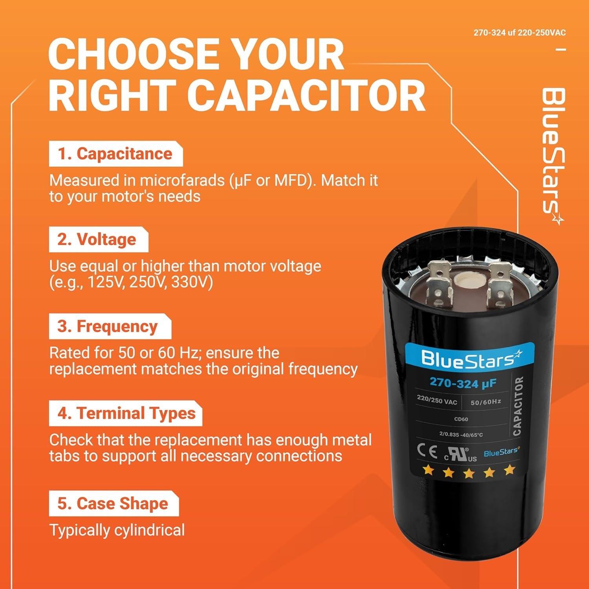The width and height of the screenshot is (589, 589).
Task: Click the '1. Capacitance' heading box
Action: coord(115,154)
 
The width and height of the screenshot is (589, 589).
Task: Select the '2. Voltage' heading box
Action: coord(98,240)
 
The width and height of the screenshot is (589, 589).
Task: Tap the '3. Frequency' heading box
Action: coord(110,327)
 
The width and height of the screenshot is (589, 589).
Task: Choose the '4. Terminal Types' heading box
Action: coord(125,413)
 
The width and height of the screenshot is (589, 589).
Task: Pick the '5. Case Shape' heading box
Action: coord(113,504)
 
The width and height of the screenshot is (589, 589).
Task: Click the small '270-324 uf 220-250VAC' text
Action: coord(519,33)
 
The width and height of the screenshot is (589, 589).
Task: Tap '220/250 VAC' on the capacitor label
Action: coord(437,401)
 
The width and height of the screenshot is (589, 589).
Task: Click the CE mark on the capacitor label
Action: coord(427,452)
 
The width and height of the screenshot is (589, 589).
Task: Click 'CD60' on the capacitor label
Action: coord(461,419)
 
